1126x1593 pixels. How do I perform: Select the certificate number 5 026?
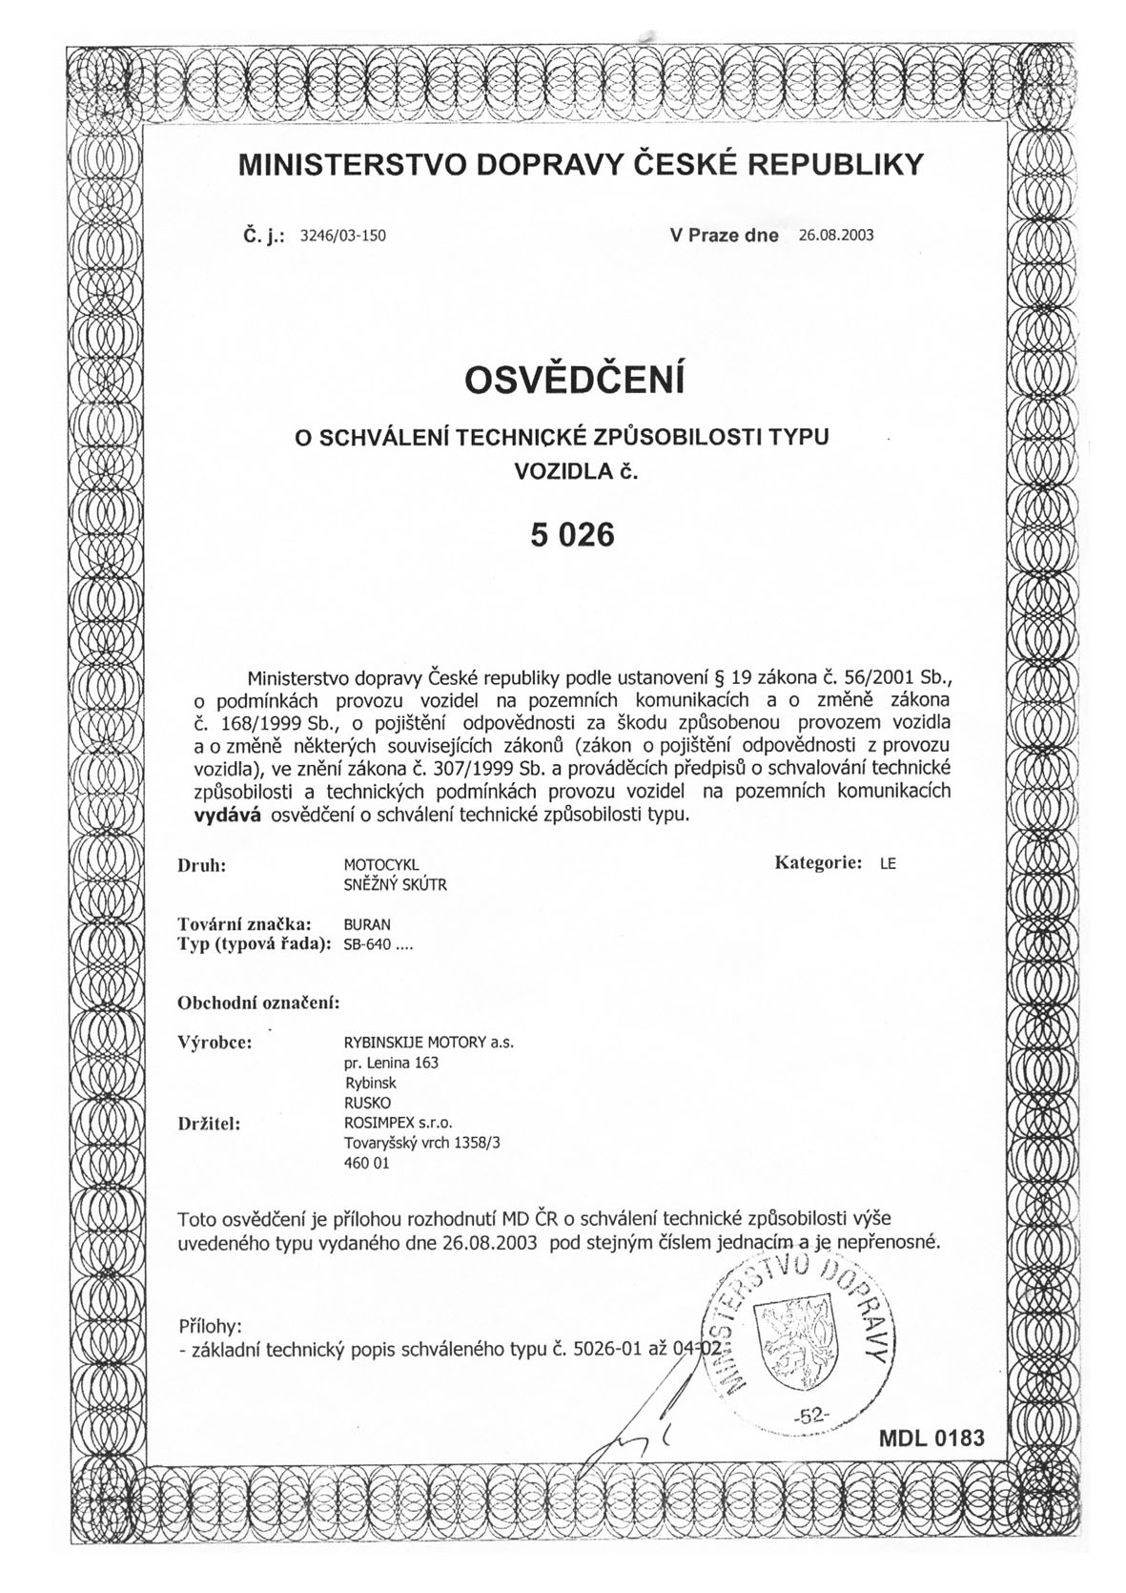(x=573, y=535)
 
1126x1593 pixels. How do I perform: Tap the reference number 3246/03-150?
(x=342, y=236)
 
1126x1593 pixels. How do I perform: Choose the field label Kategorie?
(x=818, y=862)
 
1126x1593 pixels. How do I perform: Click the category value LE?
(x=888, y=864)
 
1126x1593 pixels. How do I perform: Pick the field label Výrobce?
(x=215, y=1042)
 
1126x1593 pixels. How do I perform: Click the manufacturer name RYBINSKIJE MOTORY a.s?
(x=428, y=1043)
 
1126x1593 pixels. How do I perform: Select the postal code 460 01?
(x=366, y=1164)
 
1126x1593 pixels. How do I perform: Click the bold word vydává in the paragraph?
(x=228, y=815)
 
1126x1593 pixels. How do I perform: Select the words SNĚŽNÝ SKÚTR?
(x=395, y=884)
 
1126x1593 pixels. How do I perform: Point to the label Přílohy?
(x=210, y=1327)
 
